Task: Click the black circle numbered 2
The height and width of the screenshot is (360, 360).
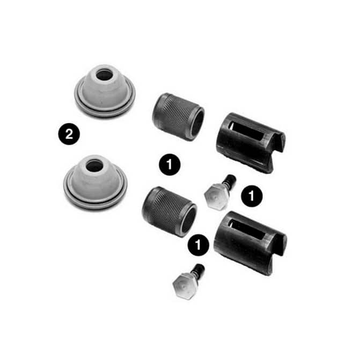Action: (x=69, y=134)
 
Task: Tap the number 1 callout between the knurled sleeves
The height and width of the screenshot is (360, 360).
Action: (x=170, y=165)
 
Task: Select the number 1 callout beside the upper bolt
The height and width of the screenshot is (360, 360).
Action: (x=252, y=196)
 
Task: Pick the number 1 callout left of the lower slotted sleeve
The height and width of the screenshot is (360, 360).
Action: (x=199, y=245)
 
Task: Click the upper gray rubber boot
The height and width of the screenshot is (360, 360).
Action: (x=105, y=91)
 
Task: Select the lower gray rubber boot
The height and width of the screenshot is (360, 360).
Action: (x=95, y=181)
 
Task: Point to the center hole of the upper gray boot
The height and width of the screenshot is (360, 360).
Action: (x=104, y=75)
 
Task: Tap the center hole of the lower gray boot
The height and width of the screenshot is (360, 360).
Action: (x=94, y=165)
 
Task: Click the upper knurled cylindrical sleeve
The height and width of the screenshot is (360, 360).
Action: (x=178, y=116)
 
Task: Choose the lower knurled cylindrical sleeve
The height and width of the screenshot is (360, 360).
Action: (x=170, y=211)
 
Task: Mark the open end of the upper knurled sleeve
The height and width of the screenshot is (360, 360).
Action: (x=196, y=123)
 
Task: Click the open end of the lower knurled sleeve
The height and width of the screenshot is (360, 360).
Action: (x=189, y=220)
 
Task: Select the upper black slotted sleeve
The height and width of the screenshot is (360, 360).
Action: (x=250, y=143)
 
